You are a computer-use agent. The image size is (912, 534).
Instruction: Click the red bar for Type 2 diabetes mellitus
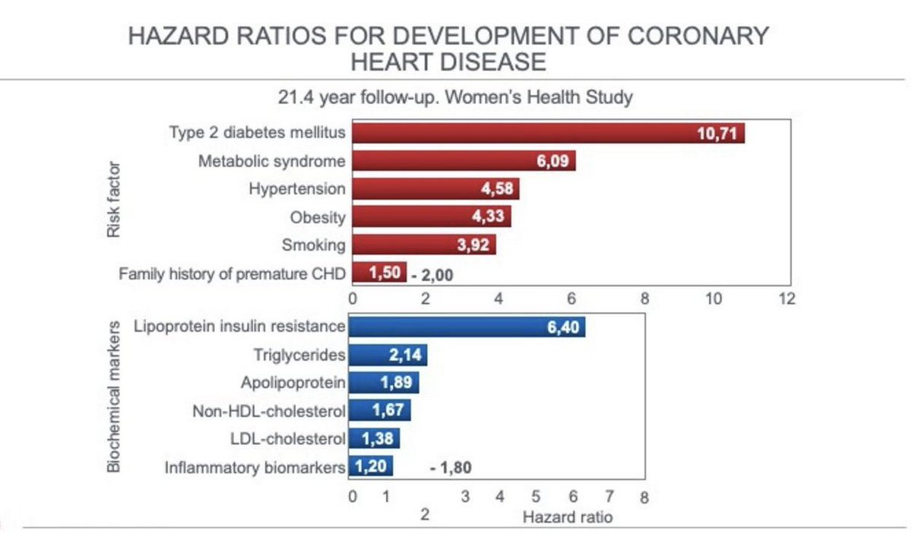(547, 134)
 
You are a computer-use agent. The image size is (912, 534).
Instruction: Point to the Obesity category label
(317, 217)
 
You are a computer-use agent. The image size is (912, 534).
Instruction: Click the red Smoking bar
(423, 245)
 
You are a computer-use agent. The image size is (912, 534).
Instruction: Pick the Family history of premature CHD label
(232, 273)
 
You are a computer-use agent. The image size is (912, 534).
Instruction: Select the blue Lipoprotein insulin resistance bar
(467, 327)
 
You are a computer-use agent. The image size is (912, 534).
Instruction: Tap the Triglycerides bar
(388, 355)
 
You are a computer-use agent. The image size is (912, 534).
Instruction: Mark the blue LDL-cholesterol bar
(375, 438)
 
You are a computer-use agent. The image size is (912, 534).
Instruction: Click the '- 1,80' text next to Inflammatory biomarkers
(451, 468)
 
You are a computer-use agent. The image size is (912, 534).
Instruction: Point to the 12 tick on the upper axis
(787, 299)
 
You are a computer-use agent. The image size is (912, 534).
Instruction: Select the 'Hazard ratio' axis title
(567, 517)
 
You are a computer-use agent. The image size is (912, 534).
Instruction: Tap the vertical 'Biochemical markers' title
(113, 397)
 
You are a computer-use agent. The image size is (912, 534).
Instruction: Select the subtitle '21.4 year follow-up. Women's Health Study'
(455, 97)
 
